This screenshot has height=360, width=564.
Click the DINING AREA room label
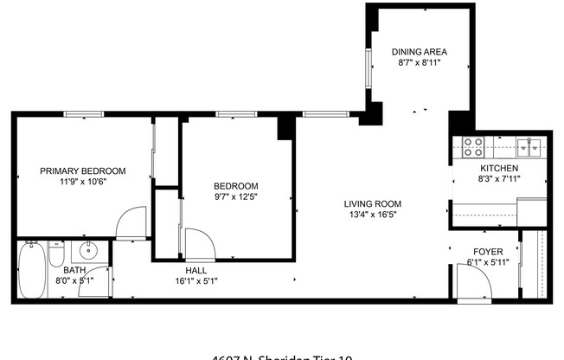(419, 52)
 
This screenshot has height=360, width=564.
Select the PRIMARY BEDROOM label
(83, 171)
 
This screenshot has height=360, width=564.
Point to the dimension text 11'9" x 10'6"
(83, 183)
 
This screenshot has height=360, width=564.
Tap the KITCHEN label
(499, 168)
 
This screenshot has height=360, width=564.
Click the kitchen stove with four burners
(472, 145)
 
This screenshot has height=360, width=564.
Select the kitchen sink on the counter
(529, 145)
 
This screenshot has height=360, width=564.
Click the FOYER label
(488, 251)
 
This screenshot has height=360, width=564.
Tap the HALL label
(195, 270)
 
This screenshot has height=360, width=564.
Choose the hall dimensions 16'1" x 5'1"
(195, 281)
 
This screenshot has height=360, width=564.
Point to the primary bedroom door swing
(132, 223)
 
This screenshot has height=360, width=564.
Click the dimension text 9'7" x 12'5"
(236, 197)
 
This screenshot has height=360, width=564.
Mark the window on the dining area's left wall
(369, 69)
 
